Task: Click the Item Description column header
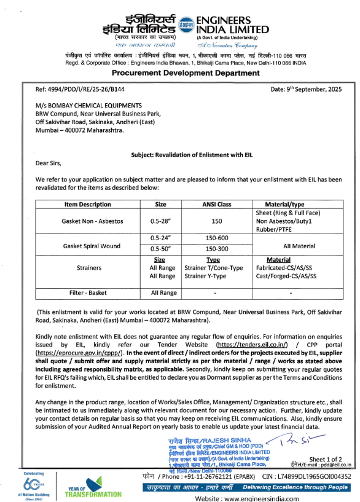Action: pos(87,204)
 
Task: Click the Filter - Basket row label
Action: pos(87,292)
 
